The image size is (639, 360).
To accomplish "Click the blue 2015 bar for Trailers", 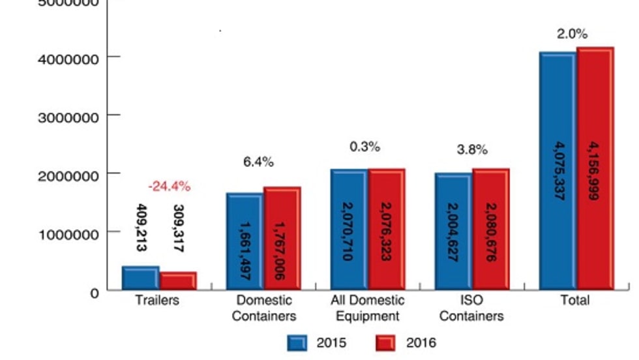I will click(x=140, y=278).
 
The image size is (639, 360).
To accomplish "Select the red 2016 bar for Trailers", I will click(x=178, y=280).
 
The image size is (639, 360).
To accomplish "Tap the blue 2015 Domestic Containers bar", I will click(x=245, y=241).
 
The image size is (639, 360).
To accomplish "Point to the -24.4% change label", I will click(x=169, y=187).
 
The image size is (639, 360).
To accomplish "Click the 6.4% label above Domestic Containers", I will click(x=258, y=162).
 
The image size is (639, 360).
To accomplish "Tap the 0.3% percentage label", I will click(x=364, y=147).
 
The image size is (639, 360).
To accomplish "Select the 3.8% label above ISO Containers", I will click(x=471, y=149).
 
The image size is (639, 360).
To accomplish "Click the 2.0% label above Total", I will click(x=572, y=34).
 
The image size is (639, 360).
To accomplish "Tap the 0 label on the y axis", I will click(x=95, y=293).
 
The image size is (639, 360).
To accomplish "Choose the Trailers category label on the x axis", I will click(x=156, y=301).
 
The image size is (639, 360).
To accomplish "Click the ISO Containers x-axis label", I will click(x=471, y=308).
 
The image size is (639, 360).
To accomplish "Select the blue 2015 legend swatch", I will click(x=297, y=343).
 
